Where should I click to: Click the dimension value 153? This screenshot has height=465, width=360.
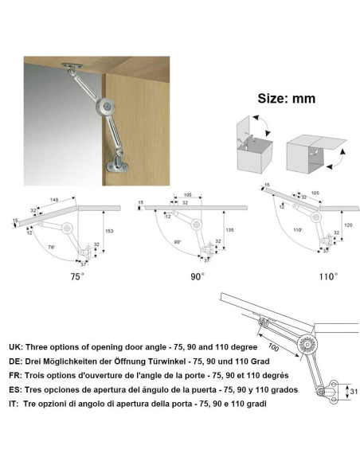(109, 231)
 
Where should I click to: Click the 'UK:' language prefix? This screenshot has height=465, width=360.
(15, 347)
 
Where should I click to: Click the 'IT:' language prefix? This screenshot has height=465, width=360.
(14, 404)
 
